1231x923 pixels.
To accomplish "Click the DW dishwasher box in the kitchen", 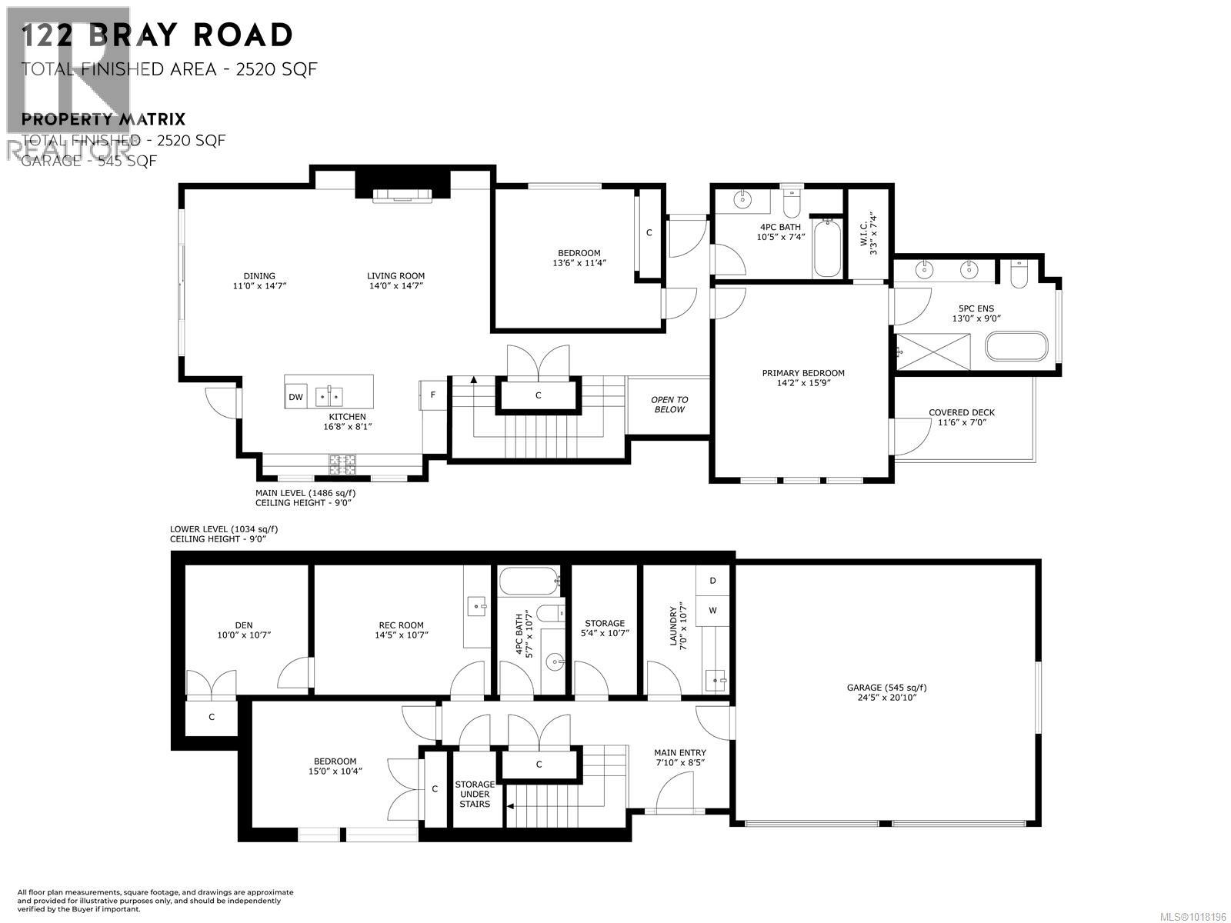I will tap(295, 397).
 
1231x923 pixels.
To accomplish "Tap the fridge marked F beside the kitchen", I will tap(432, 395).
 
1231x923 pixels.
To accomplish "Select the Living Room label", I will tap(395, 281).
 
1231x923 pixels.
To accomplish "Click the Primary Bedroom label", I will tap(802, 378).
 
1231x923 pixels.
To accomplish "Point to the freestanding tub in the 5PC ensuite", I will tap(1016, 347).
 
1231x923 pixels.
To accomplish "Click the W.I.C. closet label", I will tap(868, 228).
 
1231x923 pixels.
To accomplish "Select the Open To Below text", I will tap(669, 405).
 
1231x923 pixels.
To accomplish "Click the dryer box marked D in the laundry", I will tap(712, 581).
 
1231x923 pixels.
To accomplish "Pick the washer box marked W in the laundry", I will tap(712, 611).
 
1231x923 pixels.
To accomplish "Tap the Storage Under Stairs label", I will tap(474, 795).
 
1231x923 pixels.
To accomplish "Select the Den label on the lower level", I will tap(243, 630).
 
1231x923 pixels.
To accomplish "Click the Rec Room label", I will tap(400, 630).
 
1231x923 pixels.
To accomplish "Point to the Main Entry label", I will tap(679, 758).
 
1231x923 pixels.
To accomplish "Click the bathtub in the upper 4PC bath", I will tap(828, 250).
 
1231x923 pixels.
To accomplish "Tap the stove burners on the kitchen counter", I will tap(343, 463).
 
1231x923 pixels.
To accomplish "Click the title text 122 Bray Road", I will tap(158, 35).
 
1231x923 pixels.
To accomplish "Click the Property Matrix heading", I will tap(104, 119).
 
